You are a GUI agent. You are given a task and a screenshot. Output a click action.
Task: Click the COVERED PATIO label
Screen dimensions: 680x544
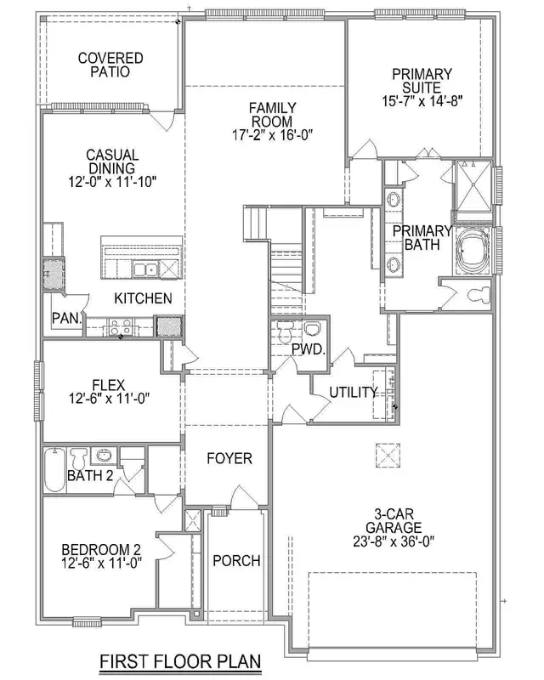110,65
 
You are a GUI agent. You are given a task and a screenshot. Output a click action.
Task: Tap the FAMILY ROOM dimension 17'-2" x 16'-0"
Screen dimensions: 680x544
272,135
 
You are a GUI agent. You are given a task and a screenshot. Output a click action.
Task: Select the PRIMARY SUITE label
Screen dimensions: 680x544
422,81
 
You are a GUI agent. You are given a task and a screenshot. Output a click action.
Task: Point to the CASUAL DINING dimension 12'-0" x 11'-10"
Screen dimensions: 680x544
112,181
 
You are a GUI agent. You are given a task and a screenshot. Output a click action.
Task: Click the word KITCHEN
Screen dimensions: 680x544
144,298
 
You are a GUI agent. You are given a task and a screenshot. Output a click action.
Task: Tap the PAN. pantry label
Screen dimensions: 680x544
65,319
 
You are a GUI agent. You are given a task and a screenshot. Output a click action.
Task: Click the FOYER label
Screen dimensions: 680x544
229,459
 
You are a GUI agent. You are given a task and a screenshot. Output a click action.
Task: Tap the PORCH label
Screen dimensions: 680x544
235,561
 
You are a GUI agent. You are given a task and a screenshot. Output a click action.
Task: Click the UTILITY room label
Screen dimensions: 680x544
353,392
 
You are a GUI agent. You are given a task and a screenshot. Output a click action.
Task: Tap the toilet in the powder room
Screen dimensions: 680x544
313,329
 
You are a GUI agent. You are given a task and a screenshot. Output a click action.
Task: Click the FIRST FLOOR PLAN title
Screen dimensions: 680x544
178,660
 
